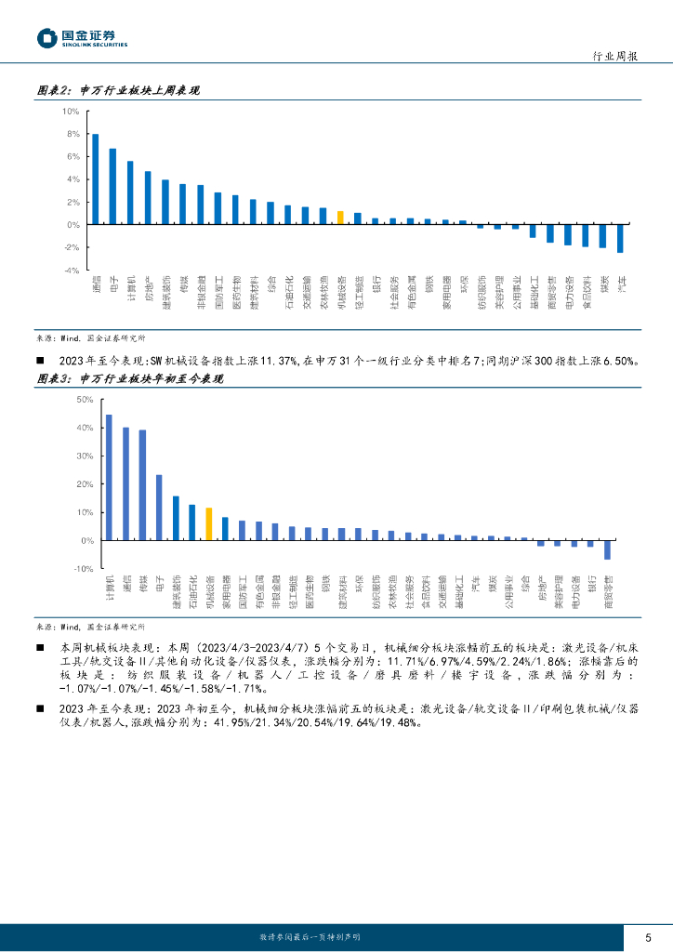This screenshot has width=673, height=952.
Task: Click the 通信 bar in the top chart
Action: point(95,179)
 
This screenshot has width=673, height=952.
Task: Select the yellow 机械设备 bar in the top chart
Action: point(340,218)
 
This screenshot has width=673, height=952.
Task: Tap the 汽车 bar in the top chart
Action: point(620,239)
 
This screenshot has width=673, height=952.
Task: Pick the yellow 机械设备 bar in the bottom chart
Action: point(209,524)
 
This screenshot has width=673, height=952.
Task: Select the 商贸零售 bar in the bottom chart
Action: point(607,549)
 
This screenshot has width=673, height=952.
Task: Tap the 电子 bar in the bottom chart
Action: point(159,508)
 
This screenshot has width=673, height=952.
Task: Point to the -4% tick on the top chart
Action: point(71,271)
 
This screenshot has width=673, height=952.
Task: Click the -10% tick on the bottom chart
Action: point(82,568)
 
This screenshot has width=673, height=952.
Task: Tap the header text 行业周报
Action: point(615,57)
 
